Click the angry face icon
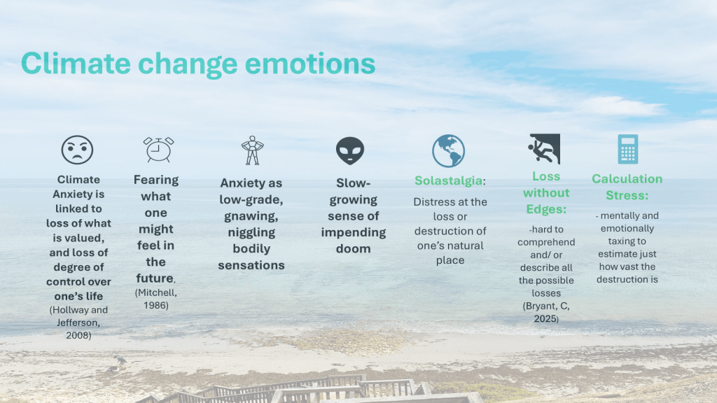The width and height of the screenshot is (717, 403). (x=77, y=150)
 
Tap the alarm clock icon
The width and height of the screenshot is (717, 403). (x=158, y=150)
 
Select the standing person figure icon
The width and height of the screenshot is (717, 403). (x=252, y=150)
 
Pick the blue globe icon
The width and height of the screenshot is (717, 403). (x=449, y=151)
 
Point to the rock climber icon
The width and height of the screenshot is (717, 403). (x=544, y=148)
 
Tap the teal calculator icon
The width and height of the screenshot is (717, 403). (x=628, y=149)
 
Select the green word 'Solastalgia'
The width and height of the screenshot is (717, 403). (x=448, y=181)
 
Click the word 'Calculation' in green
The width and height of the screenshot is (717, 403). (x=627, y=178)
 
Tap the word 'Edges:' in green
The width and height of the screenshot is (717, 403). (x=546, y=209)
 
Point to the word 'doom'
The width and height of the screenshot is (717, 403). (x=354, y=248)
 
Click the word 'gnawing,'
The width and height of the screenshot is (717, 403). (x=251, y=217)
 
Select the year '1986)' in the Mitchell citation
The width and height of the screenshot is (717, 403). (x=156, y=305)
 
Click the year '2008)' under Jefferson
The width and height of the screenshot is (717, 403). (x=78, y=335)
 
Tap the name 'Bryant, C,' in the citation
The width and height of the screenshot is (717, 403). (x=546, y=306)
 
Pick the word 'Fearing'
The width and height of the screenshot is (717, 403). (x=156, y=180)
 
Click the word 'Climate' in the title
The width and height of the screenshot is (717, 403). (x=76, y=63)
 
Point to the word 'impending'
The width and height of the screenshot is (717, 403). (x=354, y=232)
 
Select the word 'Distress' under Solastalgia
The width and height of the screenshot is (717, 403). (x=431, y=202)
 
